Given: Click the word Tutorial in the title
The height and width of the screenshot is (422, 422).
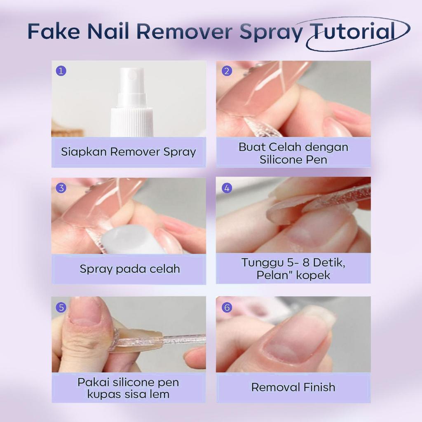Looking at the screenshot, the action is pyautogui.click(x=353, y=31).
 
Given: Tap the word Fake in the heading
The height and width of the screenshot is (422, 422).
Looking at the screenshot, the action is pyautogui.click(x=54, y=31).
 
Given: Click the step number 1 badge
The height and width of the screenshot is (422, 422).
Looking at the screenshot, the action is pyautogui.click(x=61, y=71).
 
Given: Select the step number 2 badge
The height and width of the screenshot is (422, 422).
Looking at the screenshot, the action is pyautogui.click(x=227, y=71).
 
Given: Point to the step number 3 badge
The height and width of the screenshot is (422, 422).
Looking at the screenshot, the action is pyautogui.click(x=61, y=188).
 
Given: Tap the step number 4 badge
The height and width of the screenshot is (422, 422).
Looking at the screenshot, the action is pyautogui.click(x=227, y=188).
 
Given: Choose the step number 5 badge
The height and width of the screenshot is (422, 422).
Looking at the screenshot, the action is pyautogui.click(x=61, y=307).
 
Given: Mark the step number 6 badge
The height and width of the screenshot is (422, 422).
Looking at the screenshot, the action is pyautogui.click(x=227, y=307).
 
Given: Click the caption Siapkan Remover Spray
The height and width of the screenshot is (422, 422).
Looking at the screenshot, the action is pyautogui.click(x=129, y=152).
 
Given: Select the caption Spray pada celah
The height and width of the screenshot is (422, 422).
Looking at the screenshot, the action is pyautogui.click(x=130, y=269).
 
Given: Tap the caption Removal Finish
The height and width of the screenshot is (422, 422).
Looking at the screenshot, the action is pyautogui.click(x=293, y=387).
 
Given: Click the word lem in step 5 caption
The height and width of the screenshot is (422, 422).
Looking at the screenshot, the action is pyautogui.click(x=160, y=394).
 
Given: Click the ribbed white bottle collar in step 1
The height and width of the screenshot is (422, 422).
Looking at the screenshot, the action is pyautogui.click(x=131, y=122).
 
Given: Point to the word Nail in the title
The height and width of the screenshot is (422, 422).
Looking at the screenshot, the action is pyautogui.click(x=109, y=31).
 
